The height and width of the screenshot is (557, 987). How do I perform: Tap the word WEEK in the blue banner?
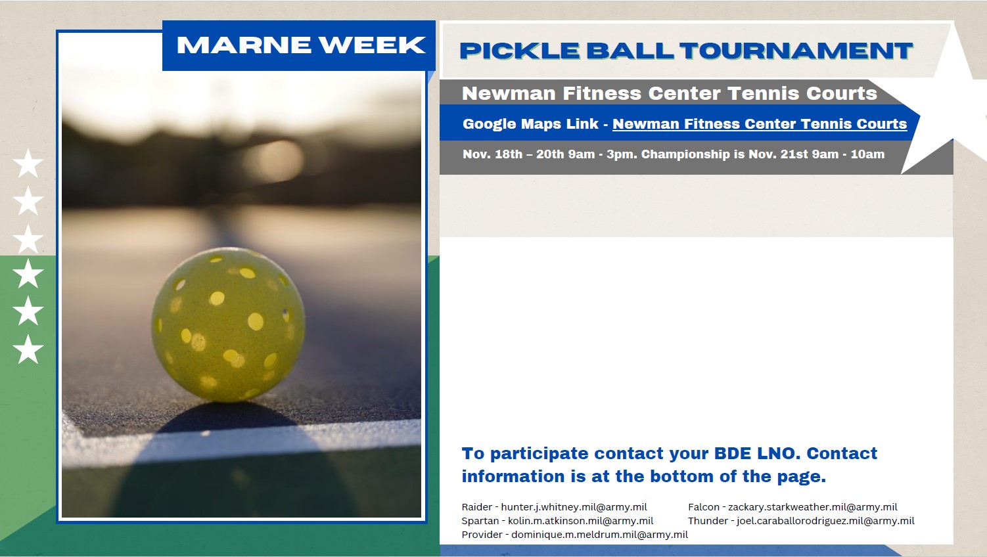point(373,45)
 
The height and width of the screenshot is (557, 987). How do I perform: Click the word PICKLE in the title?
point(520,51)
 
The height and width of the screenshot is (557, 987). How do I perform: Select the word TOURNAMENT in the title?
point(796,51)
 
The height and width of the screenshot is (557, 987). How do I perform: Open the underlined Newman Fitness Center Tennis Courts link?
point(760,124)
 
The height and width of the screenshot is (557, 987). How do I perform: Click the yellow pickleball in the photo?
point(228,324)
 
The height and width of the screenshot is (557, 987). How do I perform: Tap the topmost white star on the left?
point(28,163)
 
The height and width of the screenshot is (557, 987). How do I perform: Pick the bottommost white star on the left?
point(28,349)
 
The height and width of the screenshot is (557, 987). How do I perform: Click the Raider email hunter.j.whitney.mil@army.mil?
point(574,507)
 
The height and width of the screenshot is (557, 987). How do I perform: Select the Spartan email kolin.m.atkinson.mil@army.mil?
point(580,521)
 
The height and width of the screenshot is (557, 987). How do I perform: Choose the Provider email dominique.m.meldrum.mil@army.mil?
point(599,535)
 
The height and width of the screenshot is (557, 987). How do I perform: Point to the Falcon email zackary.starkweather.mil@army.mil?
point(812,507)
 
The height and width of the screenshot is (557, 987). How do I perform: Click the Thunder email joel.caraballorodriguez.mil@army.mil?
point(825,521)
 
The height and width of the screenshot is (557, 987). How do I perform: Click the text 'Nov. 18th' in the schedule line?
point(492,154)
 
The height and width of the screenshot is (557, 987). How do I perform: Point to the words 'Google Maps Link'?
point(530,124)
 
